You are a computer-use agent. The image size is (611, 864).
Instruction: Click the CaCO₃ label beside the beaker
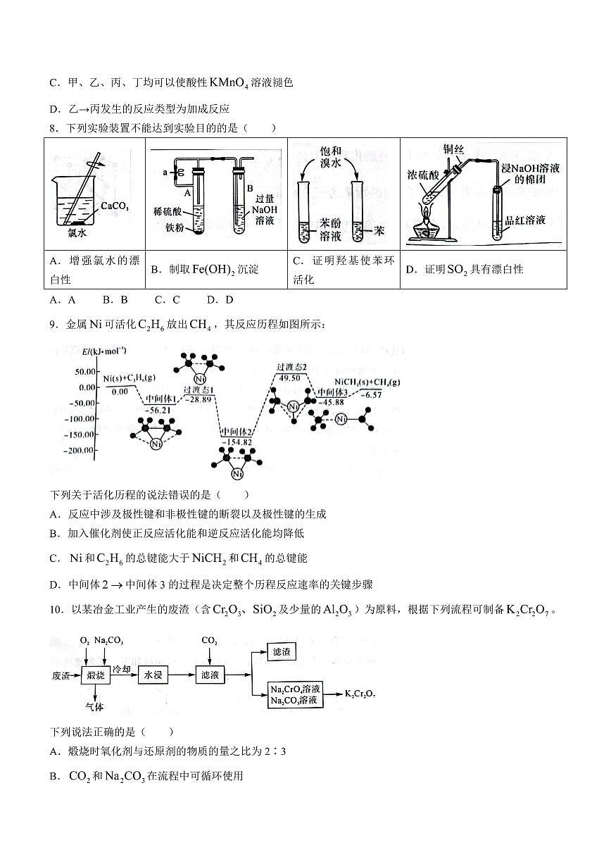(x=115, y=206)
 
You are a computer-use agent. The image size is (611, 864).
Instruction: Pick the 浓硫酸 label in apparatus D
(x=422, y=173)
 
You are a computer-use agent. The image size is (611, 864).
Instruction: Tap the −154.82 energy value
(x=236, y=442)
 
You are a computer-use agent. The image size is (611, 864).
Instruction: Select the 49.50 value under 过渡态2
(x=289, y=378)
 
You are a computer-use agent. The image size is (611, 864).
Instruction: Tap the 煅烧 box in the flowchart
(x=96, y=675)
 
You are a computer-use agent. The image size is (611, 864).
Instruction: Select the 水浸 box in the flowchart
(x=154, y=675)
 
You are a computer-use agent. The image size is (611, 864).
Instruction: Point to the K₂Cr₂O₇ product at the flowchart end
(x=360, y=694)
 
